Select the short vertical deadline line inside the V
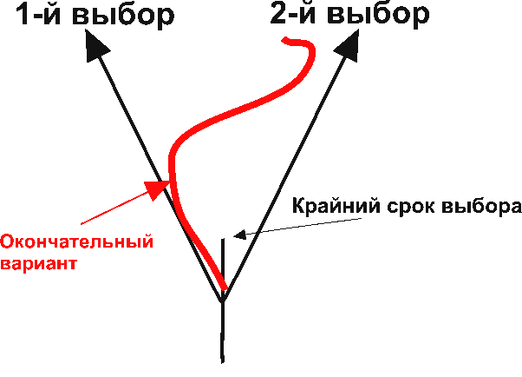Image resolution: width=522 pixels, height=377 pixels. [222, 261]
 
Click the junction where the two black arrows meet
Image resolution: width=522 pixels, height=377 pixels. [223, 300]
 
